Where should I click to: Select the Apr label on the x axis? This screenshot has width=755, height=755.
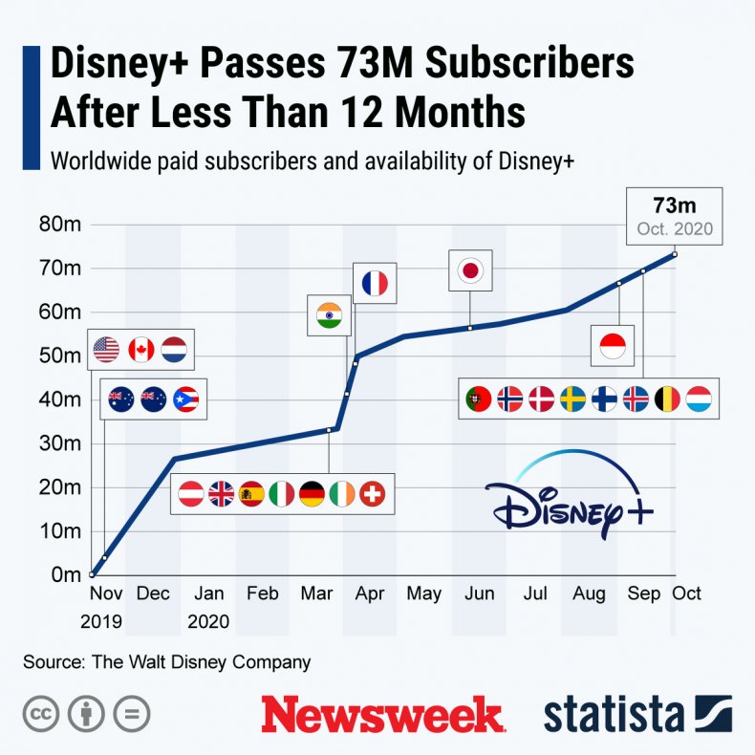(370, 593)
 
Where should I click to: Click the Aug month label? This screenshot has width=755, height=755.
(589, 593)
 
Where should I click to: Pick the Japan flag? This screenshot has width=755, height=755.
(470, 270)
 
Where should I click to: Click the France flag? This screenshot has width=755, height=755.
(374, 283)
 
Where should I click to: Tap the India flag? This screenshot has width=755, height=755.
(327, 315)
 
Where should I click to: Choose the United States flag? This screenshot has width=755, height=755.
(106, 351)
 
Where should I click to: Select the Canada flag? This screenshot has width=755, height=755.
(140, 351)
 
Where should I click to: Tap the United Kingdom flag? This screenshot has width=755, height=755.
(221, 494)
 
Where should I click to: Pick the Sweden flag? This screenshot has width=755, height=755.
(572, 399)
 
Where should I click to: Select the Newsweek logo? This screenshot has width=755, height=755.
(382, 713)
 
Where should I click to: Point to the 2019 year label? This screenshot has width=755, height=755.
(101, 621)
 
